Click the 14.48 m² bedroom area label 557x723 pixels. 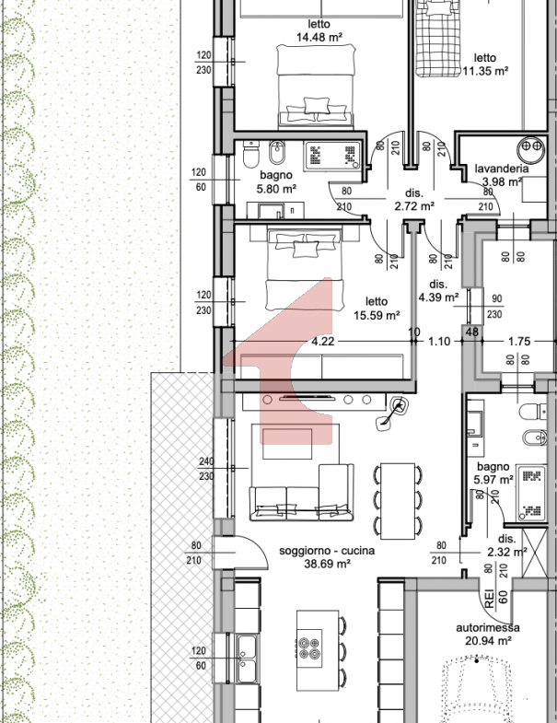point(319,30)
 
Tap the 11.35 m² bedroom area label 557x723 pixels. point(485,64)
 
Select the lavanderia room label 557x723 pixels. point(502,169)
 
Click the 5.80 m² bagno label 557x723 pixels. point(276,181)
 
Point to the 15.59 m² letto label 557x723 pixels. point(377,309)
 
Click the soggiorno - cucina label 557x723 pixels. point(327,551)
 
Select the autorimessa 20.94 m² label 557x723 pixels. point(488,634)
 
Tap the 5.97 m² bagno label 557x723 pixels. point(493,473)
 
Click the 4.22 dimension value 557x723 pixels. point(323,342)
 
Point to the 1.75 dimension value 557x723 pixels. point(519,342)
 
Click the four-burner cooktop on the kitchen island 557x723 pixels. point(309,647)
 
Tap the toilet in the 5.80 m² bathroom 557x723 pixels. point(251,154)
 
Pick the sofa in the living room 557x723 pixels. point(302,494)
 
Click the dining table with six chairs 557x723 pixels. point(398,501)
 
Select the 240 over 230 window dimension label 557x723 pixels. point(206,469)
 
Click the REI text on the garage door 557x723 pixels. point(489,599)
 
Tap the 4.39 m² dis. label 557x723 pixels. point(438,291)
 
